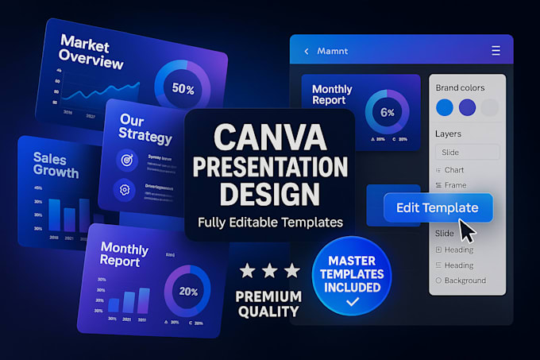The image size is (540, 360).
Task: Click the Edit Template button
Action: coord(438,208)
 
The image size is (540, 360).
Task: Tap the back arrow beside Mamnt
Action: coord(307,52)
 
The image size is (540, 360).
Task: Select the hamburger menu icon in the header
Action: coord(496,51)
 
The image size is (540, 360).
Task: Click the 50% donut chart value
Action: coord(183,89)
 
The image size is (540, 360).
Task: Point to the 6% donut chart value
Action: coord(388,112)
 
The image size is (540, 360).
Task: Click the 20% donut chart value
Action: coord(188,292)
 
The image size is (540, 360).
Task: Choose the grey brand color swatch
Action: coord(491,107)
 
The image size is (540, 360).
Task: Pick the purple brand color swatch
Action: coord(468,107)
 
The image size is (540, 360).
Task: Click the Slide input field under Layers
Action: coord(467,152)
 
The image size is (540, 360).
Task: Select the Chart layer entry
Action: coord(453,170)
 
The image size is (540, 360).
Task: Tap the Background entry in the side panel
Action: coord(465,281)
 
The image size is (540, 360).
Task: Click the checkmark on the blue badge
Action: coord(352,302)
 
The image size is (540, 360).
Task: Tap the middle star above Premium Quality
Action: coord(269,271)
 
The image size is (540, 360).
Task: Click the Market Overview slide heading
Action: coord(91,52)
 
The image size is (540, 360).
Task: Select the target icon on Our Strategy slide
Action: coord(125,159)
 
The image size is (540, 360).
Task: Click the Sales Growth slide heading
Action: coord(56,165)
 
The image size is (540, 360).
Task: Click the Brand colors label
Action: coord(460,87)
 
